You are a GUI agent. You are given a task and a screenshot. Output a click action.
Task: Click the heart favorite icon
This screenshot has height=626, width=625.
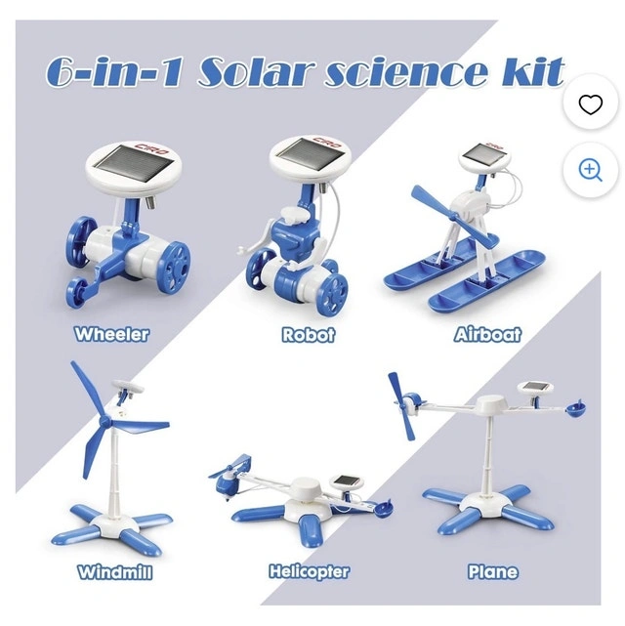coord(590,104)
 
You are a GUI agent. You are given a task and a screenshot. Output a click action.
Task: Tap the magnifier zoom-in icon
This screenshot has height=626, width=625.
coord(590,171)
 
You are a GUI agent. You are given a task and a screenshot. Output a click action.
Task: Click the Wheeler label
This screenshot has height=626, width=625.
coord(111,334)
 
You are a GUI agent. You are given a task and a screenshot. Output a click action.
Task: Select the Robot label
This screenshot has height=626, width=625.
coord(309,335)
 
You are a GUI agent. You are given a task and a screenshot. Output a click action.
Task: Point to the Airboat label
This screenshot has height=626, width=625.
coord(487,334)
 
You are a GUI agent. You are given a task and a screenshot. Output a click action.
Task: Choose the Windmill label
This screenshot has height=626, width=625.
coord(115,571)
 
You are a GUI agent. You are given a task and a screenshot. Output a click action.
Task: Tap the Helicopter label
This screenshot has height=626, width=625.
coord(309,571)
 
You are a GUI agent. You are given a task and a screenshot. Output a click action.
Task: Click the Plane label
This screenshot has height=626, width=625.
coord(493,571)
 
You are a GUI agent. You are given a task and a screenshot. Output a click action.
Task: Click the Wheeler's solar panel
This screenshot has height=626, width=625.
coord(134,164)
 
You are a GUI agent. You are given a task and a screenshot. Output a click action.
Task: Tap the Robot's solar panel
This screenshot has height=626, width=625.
coord(311,153)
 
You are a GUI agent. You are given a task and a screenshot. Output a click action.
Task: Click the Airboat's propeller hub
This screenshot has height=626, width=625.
coord(453,216)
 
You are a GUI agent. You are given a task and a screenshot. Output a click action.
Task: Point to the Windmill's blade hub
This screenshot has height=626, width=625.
coord(105,422)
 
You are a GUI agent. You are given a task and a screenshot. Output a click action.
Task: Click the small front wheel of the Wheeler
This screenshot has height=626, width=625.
coord(77,293)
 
